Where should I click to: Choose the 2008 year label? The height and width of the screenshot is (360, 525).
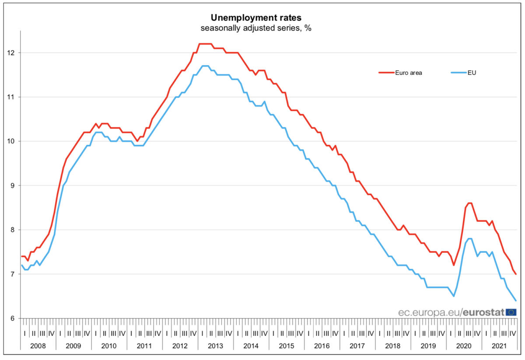click(x=38, y=345)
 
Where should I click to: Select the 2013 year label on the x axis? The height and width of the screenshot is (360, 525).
click(x=215, y=345)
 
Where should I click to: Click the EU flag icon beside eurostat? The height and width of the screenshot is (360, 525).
click(x=511, y=312)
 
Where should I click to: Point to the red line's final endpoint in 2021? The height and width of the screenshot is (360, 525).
click(x=516, y=274)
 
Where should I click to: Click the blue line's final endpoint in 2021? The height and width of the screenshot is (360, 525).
click(x=516, y=301)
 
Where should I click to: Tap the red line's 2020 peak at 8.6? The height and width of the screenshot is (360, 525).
click(x=469, y=203)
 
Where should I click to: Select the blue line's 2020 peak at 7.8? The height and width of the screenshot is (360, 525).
click(x=469, y=238)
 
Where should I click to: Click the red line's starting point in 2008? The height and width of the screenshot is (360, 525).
click(x=22, y=256)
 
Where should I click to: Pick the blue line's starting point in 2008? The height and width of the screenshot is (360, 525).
click(x=22, y=265)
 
